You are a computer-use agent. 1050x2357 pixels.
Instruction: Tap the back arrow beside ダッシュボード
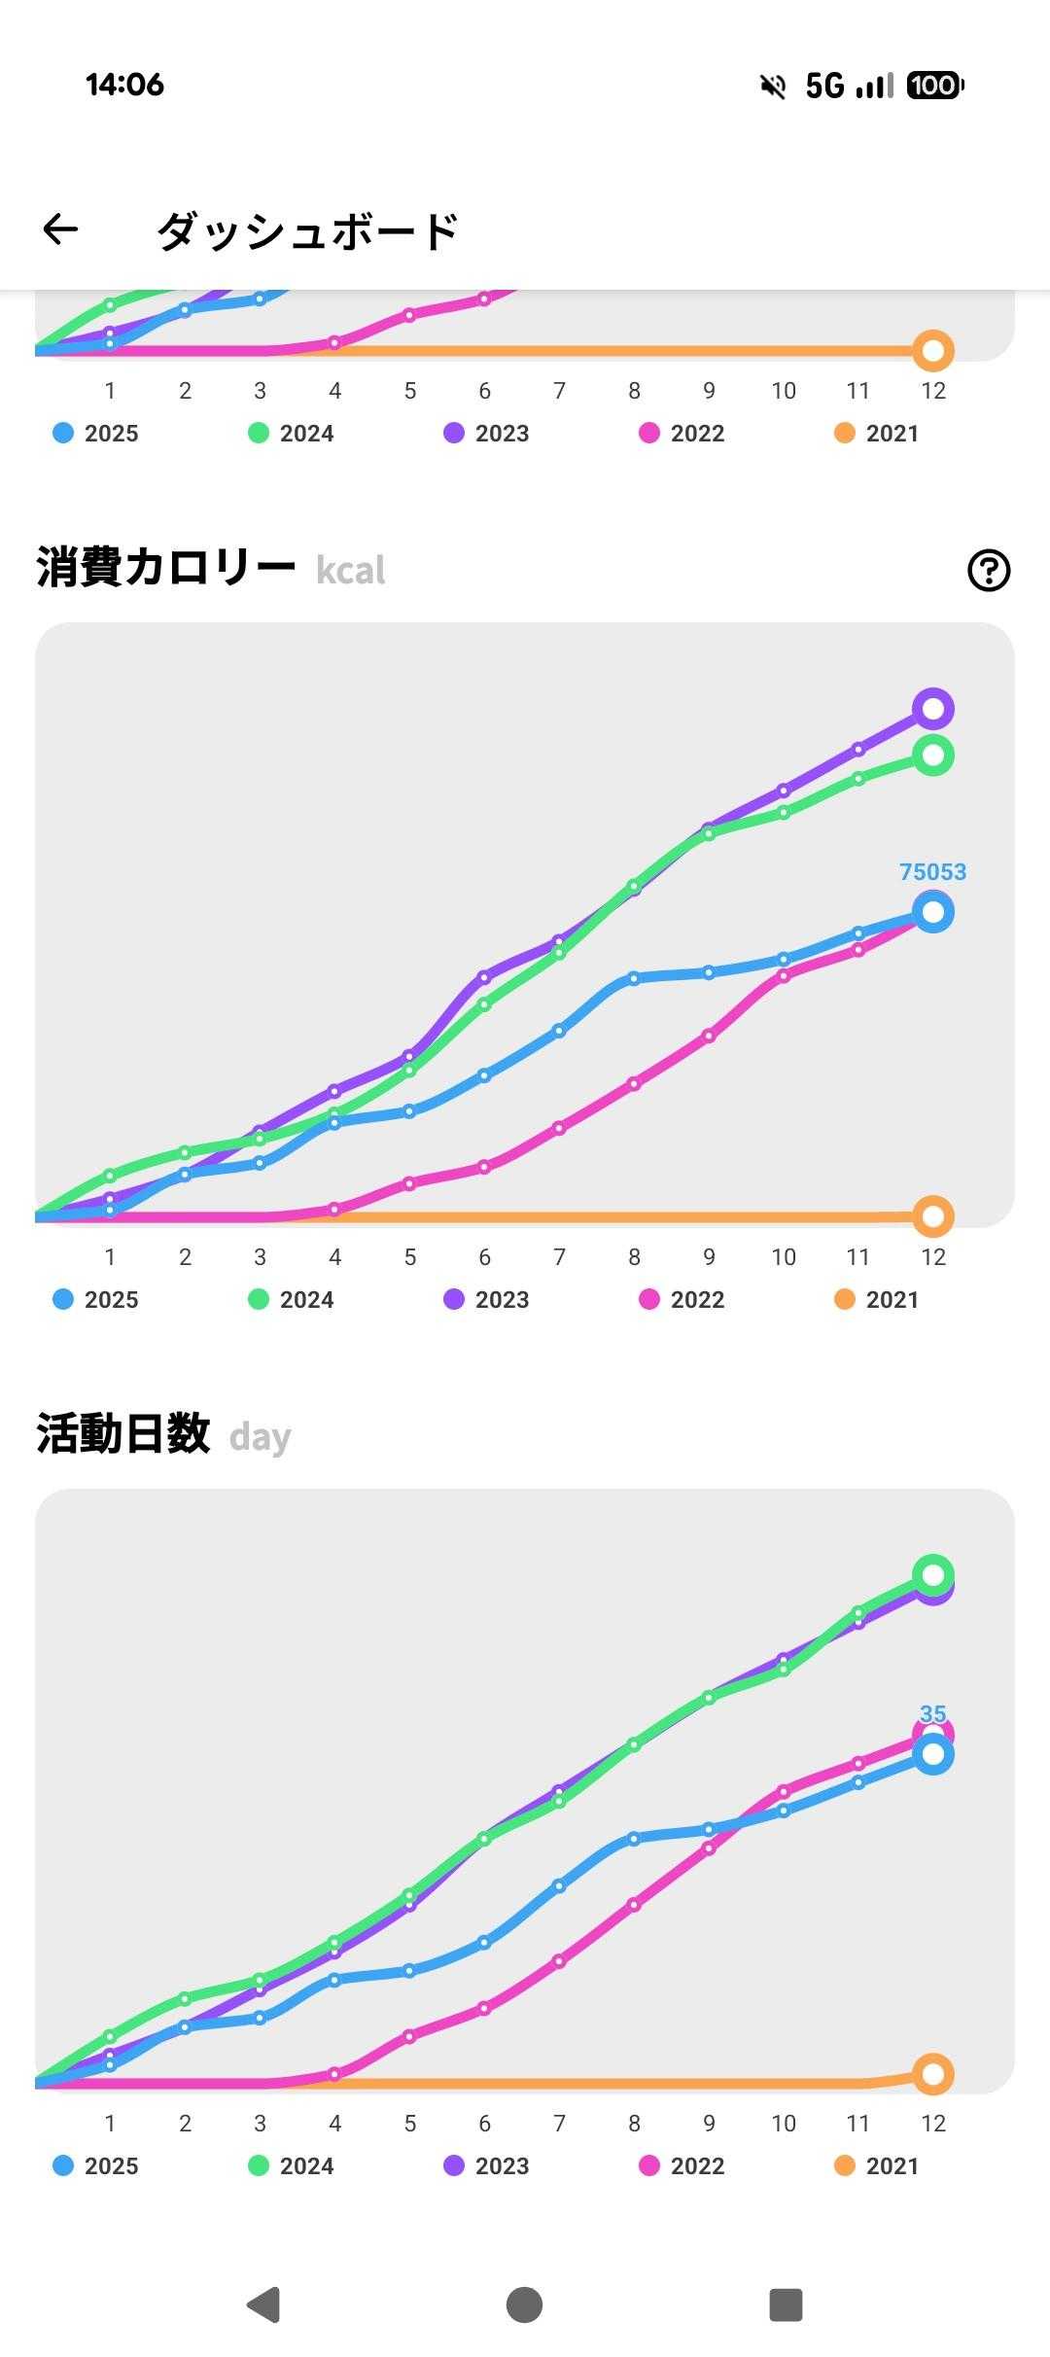pyautogui.click(x=60, y=229)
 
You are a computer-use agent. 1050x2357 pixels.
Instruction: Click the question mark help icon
pyautogui.click(x=989, y=570)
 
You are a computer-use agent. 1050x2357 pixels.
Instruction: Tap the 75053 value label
pyautogui.click(x=932, y=871)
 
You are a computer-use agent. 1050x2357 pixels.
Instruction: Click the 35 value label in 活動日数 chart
pyautogui.click(x=932, y=1713)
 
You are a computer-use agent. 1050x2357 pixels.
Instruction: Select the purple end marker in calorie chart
pyautogui.click(x=932, y=709)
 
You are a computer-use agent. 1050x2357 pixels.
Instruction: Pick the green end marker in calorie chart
pyautogui.click(x=932, y=756)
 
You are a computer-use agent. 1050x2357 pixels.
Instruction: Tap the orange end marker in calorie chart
pyautogui.click(x=932, y=1215)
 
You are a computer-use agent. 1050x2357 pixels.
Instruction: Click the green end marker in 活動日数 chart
pyautogui.click(x=932, y=1574)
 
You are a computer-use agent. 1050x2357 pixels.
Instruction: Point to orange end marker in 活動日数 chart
pyautogui.click(x=932, y=2074)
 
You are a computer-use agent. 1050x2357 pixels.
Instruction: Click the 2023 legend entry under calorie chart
pyautogui.click(x=486, y=1300)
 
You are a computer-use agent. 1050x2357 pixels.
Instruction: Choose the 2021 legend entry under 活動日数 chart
pyautogui.click(x=877, y=2166)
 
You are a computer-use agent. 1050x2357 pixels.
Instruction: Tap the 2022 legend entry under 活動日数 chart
pyautogui.click(x=682, y=2166)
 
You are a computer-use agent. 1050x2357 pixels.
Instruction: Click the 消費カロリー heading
pyautogui.click(x=165, y=567)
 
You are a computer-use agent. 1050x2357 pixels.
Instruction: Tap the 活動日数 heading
pyautogui.click(x=123, y=1434)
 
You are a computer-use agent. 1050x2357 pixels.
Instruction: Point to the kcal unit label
pyautogui.click(x=351, y=571)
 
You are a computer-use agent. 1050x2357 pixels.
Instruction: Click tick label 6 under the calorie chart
pyautogui.click(x=484, y=1257)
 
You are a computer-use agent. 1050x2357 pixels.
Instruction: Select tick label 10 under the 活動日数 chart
pyautogui.click(x=784, y=2124)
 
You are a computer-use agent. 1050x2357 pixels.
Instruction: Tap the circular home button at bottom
pyautogui.click(x=524, y=2304)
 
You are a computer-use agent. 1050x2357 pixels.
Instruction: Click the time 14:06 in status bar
pyautogui.click(x=124, y=85)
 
